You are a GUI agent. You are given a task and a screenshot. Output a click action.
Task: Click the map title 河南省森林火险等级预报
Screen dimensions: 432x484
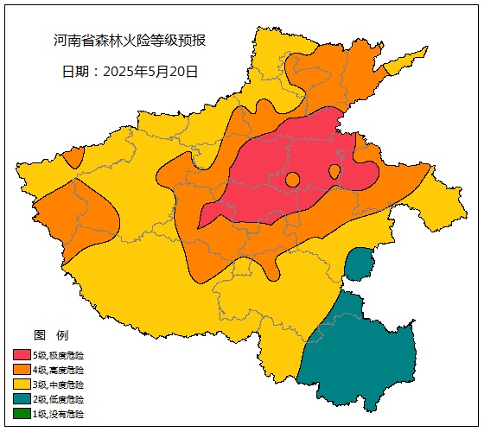(x=129, y=41)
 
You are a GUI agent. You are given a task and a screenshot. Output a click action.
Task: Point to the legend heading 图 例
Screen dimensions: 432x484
(x=50, y=335)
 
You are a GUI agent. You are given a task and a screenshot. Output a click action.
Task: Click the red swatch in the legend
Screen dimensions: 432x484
(x=22, y=355)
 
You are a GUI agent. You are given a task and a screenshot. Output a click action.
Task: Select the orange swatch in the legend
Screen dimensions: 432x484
(x=22, y=370)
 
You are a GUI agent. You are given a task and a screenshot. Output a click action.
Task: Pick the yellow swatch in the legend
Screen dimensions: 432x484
(x=22, y=384)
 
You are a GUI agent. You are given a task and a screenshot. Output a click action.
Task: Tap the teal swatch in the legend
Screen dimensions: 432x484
(x=22, y=399)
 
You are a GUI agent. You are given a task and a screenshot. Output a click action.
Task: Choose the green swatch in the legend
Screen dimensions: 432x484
(x=22, y=414)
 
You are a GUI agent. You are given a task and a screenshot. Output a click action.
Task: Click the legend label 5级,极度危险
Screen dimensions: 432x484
(x=59, y=355)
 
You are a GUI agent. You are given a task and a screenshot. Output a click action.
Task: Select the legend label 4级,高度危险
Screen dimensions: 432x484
(x=59, y=370)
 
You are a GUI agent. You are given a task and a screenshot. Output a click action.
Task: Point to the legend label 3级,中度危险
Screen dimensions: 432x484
(x=59, y=384)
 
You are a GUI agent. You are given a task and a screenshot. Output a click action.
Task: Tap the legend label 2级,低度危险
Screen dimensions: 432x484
(x=59, y=399)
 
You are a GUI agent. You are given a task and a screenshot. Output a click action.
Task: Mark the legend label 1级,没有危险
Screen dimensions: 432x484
(x=59, y=414)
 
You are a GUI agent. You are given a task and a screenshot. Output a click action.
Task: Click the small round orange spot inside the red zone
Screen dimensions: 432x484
(x=292, y=180)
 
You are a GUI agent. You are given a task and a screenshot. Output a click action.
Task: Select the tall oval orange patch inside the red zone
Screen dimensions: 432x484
(x=334, y=172)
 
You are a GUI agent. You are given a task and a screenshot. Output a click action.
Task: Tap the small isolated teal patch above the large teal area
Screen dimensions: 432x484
(x=358, y=264)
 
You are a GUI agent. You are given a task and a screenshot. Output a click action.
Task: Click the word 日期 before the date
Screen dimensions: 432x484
(x=75, y=72)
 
